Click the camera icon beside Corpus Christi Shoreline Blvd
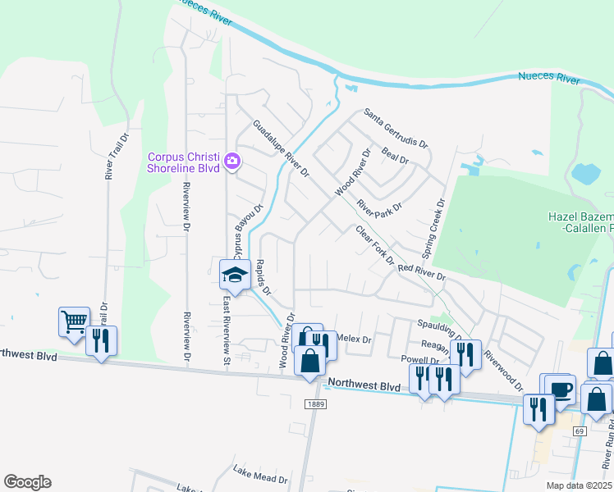pyautogui.click(x=232, y=159)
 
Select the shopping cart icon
pyautogui.click(x=74, y=321)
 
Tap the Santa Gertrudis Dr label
pyautogui.click(x=396, y=128)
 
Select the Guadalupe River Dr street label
pyautogui.click(x=281, y=149)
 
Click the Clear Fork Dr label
pyautogui.click(x=374, y=244)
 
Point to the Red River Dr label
pyautogui.click(x=420, y=272)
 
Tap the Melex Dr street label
pyautogui.click(x=355, y=338)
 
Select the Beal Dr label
pyautogui.click(x=396, y=156)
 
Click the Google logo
pyautogui.click(x=27, y=481)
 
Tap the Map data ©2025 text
pyautogui.click(x=579, y=485)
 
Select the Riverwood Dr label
pyautogui.click(x=502, y=371)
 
